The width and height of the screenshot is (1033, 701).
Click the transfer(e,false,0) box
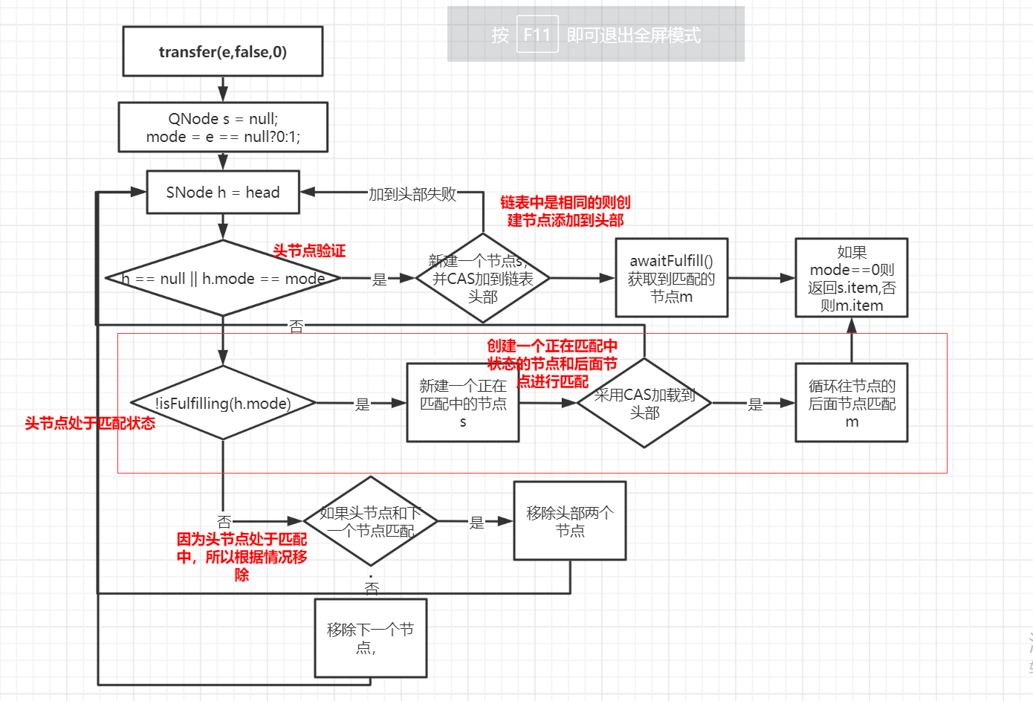click(222, 51)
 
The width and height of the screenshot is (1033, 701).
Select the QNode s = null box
click(223, 127)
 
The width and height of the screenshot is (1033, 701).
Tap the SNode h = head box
click(223, 193)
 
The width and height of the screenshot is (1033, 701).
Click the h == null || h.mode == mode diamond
click(223, 279)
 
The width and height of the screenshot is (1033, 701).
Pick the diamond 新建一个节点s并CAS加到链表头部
click(482, 279)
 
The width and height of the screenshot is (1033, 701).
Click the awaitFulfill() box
click(671, 278)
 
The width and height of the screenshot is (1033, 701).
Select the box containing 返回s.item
click(851, 278)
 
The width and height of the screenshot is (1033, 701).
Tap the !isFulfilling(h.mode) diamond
click(223, 403)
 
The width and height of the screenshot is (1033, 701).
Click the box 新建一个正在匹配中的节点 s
click(462, 403)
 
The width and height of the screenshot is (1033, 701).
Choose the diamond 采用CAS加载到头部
click(644, 403)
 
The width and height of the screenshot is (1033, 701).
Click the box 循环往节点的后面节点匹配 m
click(851, 403)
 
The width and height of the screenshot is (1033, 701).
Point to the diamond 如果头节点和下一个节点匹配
click(370, 521)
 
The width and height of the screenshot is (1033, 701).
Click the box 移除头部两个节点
click(569, 520)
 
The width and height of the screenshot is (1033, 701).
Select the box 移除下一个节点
click(370, 638)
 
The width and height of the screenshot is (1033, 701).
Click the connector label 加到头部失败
click(412, 194)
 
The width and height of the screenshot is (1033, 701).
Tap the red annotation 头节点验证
click(309, 251)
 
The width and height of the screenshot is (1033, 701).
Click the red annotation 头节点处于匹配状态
click(90, 423)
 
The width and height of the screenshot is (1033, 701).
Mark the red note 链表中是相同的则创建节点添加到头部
click(565, 211)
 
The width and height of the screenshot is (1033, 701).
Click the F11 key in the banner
click(537, 35)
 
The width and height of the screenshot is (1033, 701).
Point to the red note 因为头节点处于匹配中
click(242, 556)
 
